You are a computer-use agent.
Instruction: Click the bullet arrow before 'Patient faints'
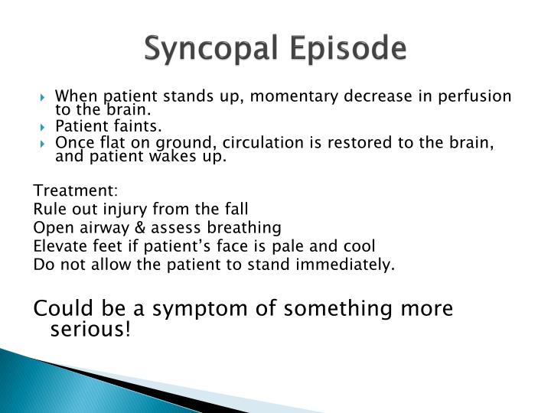(x=47, y=125)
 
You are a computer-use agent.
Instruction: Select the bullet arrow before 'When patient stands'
(x=47, y=97)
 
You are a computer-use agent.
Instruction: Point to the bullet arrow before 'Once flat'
(x=47, y=143)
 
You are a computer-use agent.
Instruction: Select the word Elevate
(x=57, y=246)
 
